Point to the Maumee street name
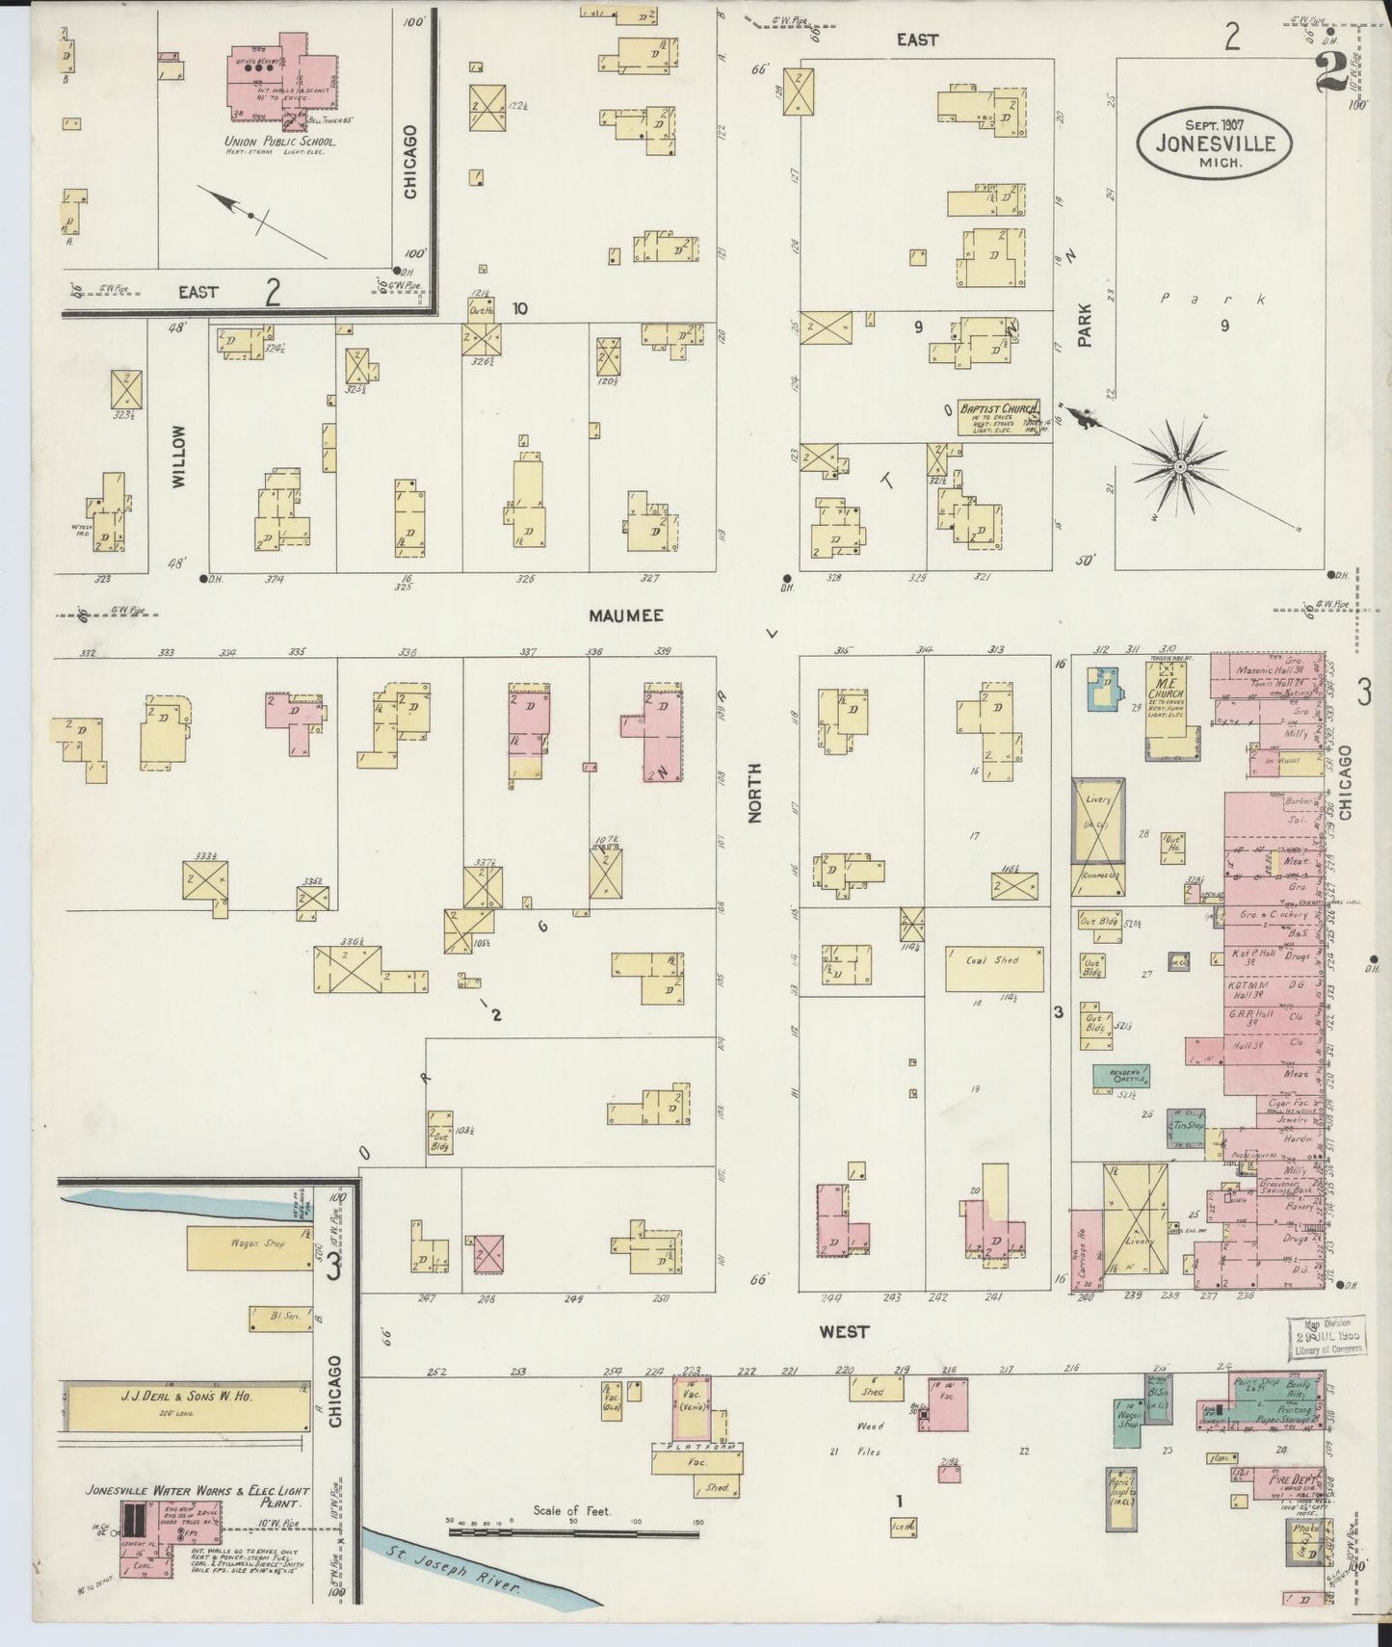(x=627, y=614)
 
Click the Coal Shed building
(x=993, y=967)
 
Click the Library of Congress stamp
(x=1328, y=1338)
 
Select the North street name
(x=754, y=792)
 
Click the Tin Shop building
(x=1186, y=1125)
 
